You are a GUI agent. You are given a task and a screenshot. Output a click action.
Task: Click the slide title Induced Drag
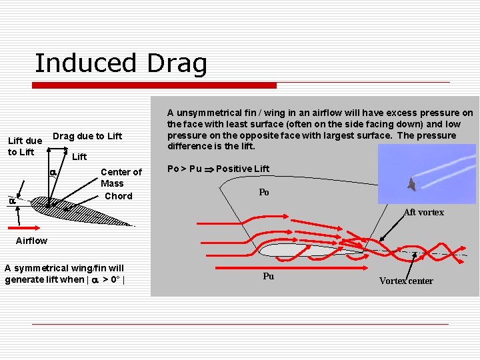tap(121, 63)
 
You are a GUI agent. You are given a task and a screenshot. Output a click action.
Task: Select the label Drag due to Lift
tap(87, 136)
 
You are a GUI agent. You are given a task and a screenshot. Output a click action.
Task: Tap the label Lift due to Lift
tap(24, 146)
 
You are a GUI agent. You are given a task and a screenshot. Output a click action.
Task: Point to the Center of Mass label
tap(121, 177)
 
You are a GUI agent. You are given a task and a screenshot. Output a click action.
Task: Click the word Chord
tap(118, 196)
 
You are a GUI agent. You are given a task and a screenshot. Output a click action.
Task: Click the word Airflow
tap(31, 241)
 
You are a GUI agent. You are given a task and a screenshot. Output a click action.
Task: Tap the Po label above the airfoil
tap(264, 193)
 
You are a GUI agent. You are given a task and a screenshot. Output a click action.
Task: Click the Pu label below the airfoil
tap(268, 276)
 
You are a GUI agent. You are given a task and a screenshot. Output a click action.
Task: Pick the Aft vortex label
tap(423, 213)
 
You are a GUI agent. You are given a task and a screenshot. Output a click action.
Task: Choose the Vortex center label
tap(405, 281)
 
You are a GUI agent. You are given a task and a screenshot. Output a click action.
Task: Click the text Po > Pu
tap(184, 169)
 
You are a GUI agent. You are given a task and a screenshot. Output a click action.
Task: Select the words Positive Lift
tap(243, 169)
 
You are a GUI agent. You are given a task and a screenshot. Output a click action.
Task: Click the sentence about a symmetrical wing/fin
tap(64, 274)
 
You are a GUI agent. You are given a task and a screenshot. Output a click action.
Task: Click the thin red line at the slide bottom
tap(240, 324)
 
